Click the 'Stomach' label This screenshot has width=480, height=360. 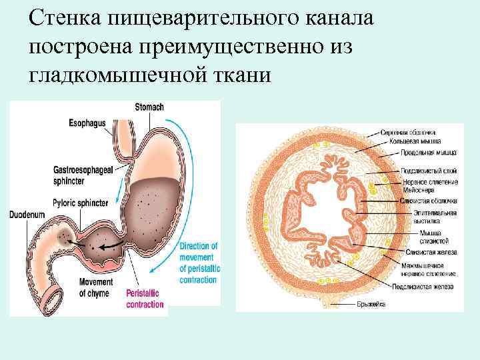[149, 107]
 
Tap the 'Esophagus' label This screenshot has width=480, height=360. [87, 123]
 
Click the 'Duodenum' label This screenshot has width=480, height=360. [27, 215]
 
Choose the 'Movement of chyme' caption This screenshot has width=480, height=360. [97, 287]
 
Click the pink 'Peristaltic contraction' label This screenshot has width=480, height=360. [145, 299]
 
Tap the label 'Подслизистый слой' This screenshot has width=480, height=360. [429, 171]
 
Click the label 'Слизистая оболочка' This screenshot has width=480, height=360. [429, 201]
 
